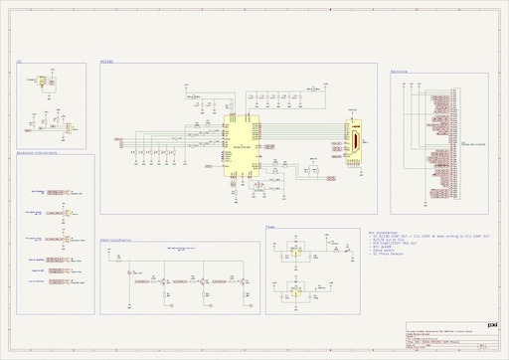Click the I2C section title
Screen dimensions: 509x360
(19, 62)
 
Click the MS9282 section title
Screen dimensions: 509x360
(107, 62)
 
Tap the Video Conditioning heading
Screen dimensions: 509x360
(117, 240)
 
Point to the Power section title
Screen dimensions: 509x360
(270, 228)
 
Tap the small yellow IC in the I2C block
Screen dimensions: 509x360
(42, 82)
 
